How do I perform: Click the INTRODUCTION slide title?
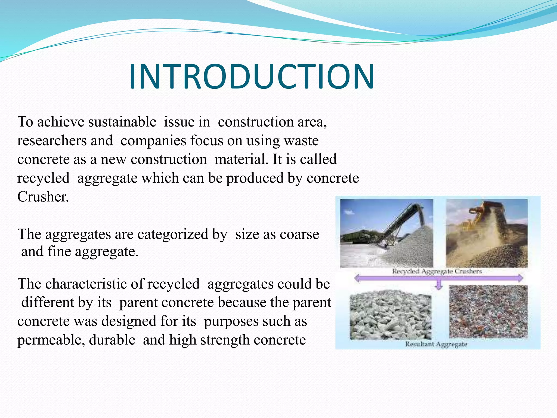pos(252,77)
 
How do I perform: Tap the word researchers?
pos(52,141)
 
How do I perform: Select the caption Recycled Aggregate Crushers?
pos(437,271)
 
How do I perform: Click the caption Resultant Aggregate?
pos(436,344)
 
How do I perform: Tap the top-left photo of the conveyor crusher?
pos(386,233)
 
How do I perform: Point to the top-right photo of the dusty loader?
pos(487,233)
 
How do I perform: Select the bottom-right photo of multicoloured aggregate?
pos(488,312)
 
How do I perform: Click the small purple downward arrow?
pos(438,286)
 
